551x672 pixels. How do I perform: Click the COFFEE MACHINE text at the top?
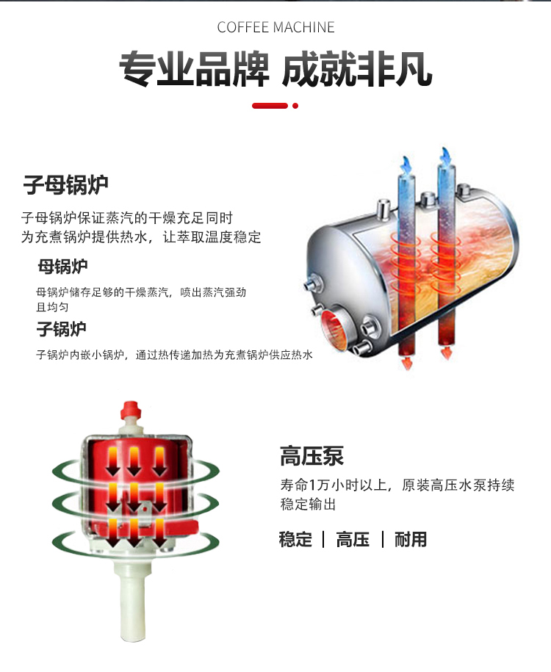275,28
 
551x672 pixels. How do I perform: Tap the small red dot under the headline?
295,106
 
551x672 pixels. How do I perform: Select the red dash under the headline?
270,106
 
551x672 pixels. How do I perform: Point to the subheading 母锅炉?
62,266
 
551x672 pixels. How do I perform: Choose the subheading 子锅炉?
61,328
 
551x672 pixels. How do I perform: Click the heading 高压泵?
311,456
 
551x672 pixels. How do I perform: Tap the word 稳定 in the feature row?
295,540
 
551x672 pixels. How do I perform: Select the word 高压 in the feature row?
353,540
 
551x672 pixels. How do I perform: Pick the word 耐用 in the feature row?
410,540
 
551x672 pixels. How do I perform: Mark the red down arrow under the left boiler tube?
404,363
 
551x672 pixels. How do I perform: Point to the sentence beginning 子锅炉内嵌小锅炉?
175,355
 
